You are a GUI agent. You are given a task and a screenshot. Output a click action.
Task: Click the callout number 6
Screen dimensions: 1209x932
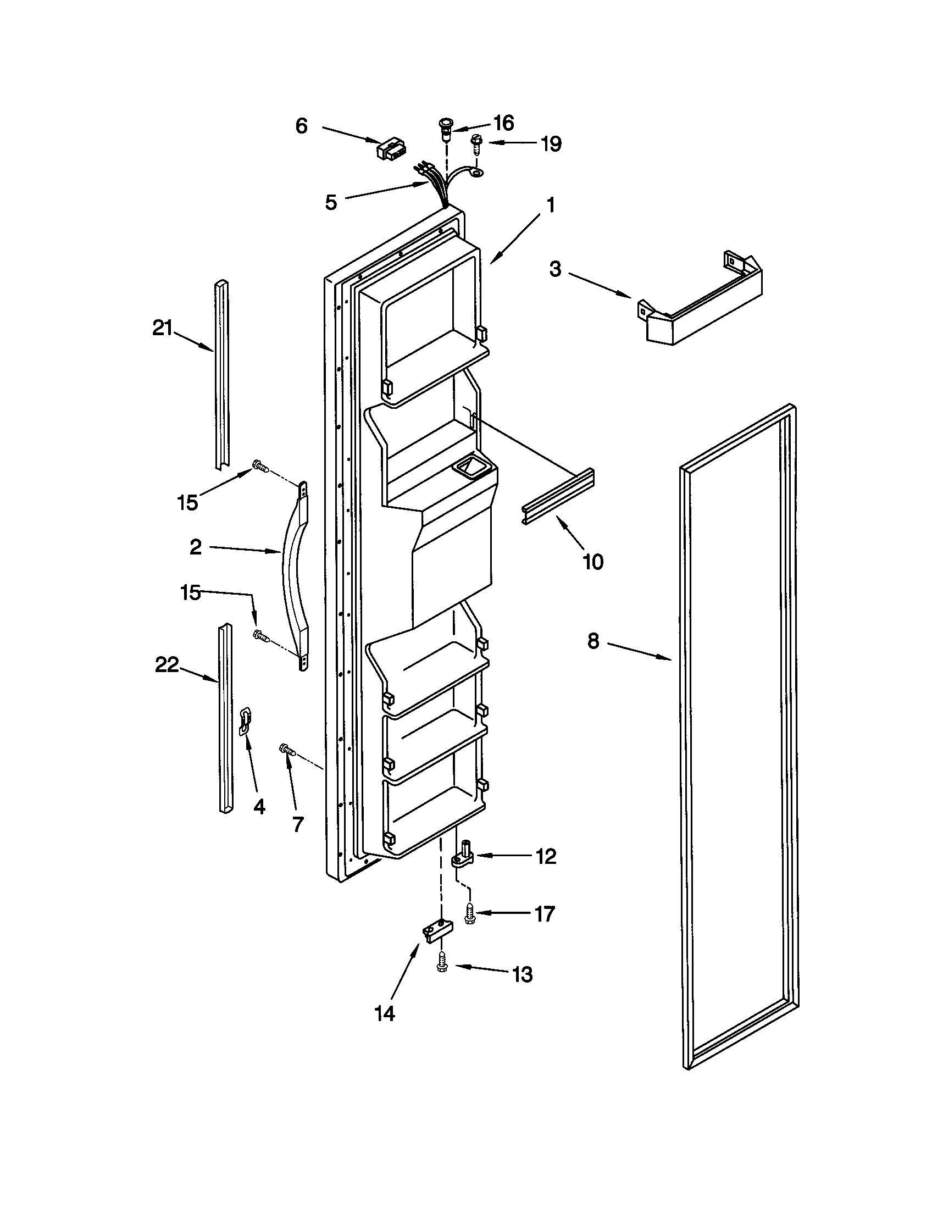tap(301, 126)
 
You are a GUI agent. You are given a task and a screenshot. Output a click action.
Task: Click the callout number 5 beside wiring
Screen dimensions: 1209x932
tap(331, 202)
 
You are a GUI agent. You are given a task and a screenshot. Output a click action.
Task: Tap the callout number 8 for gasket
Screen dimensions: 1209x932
tap(593, 641)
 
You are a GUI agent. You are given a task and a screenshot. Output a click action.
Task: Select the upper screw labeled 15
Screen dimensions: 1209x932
tap(259, 466)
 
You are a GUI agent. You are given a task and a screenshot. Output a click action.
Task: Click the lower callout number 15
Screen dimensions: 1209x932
tap(190, 592)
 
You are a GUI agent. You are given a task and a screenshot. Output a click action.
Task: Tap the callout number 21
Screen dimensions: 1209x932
tap(163, 328)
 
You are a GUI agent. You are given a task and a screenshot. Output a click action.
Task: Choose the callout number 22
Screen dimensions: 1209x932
tap(167, 665)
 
